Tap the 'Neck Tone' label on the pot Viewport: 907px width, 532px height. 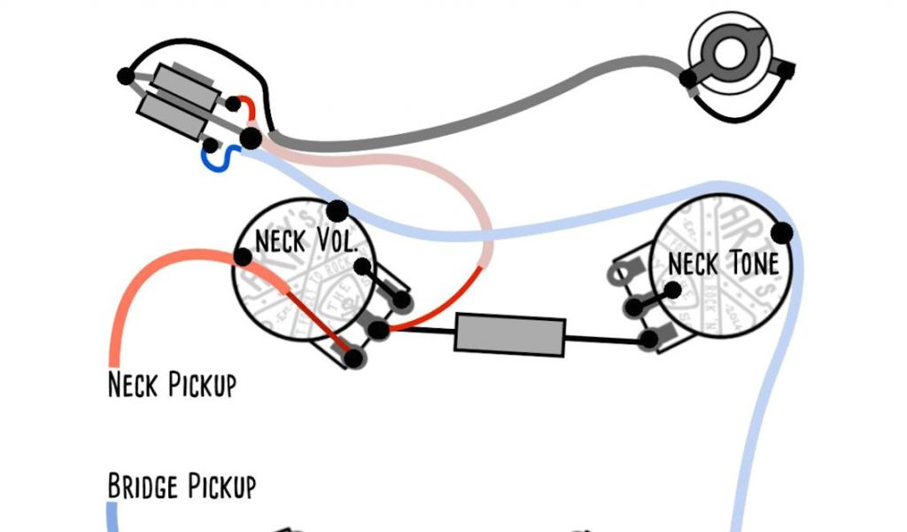[x=723, y=263]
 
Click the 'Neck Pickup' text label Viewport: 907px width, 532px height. [x=172, y=386]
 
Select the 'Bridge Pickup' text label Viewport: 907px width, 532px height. [x=182, y=487]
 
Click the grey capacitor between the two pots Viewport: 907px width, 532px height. [x=509, y=336]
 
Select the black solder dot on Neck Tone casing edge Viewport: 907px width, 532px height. [x=781, y=233]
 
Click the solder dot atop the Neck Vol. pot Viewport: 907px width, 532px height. [x=337, y=211]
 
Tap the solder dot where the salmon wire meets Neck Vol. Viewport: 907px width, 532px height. [x=243, y=257]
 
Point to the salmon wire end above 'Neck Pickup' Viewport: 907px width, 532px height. [x=113, y=355]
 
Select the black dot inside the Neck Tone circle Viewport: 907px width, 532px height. [x=673, y=289]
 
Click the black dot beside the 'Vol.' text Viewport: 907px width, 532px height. [x=362, y=267]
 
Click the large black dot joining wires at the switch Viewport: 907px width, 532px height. [x=252, y=138]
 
